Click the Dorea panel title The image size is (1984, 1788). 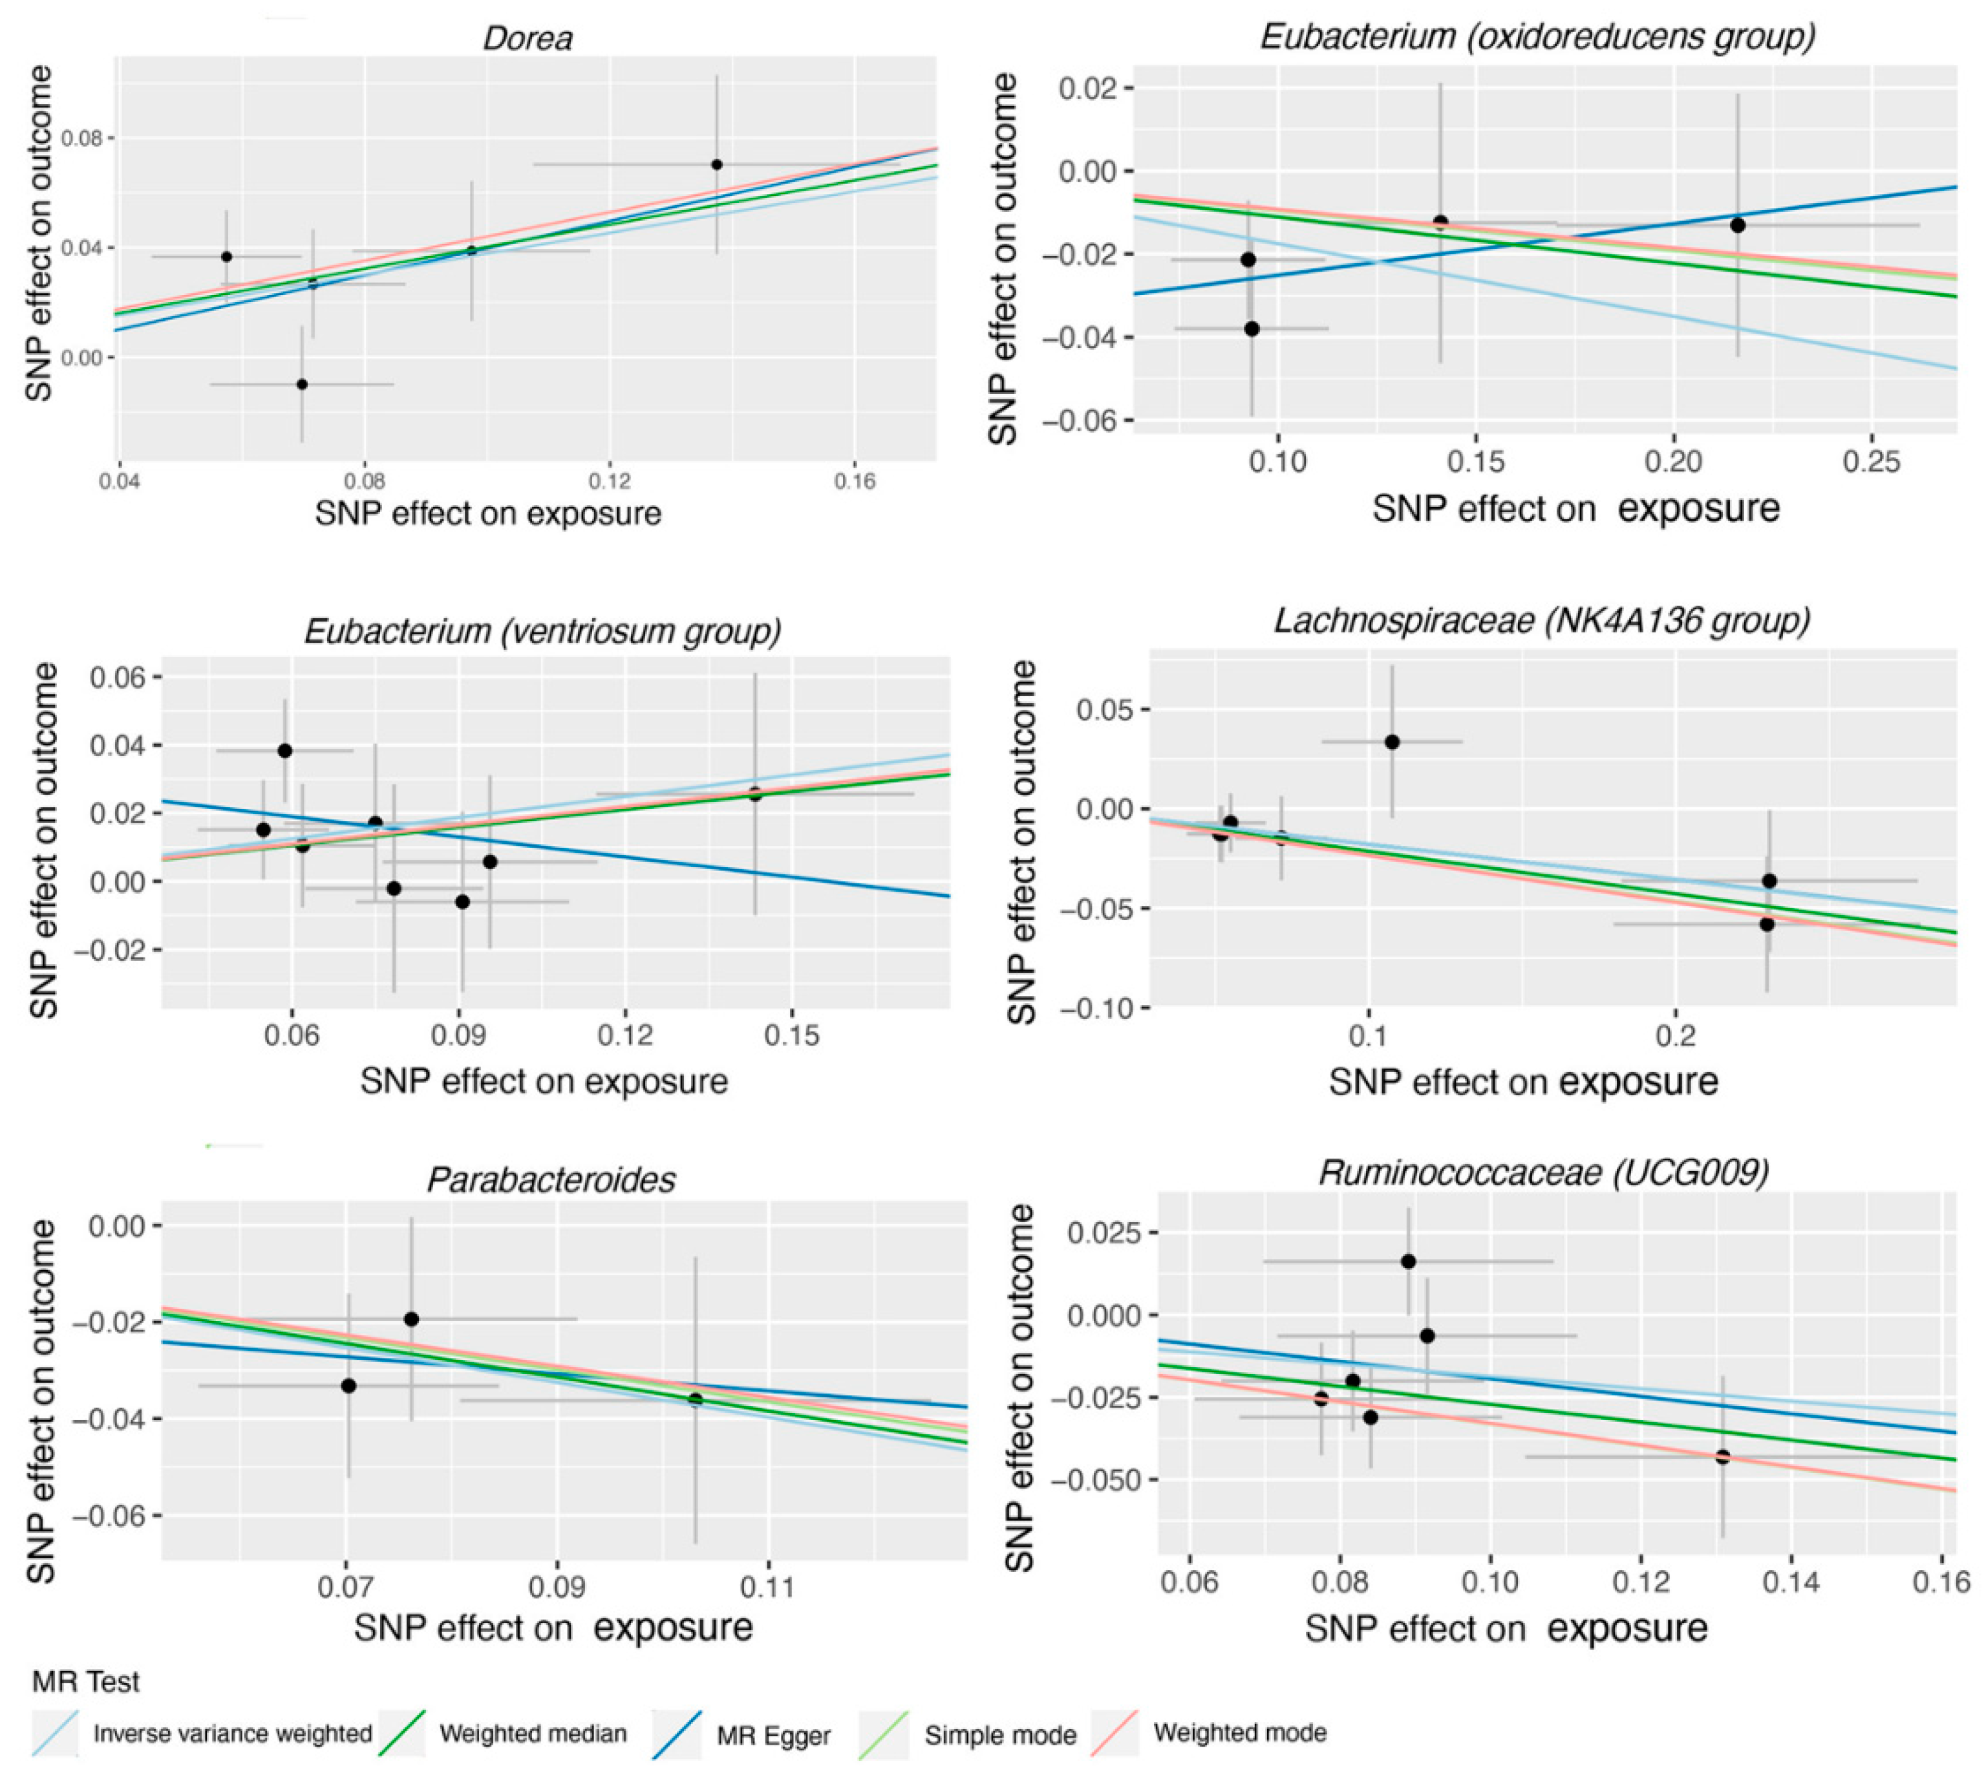(x=528, y=38)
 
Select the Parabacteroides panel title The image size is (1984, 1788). (x=551, y=1179)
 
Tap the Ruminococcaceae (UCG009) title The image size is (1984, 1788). (x=1544, y=1172)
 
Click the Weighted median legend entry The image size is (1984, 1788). (x=531, y=1733)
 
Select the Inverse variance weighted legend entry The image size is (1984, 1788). (x=232, y=1733)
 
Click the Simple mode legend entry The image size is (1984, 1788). (x=999, y=1735)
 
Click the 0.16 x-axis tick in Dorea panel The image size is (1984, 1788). (x=855, y=481)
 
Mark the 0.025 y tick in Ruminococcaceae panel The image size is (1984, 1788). (x=1101, y=1232)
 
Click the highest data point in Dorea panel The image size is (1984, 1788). (x=717, y=164)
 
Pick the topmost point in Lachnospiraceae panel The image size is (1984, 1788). (x=1392, y=742)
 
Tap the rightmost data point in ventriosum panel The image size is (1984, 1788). (x=754, y=794)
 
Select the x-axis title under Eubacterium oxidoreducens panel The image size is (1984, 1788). (x=1575, y=508)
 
